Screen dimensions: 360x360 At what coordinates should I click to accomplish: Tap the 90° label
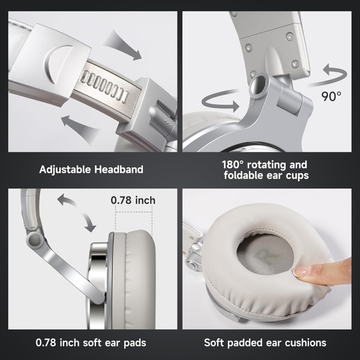[331, 95]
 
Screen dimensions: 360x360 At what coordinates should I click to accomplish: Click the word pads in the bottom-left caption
[131, 343]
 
